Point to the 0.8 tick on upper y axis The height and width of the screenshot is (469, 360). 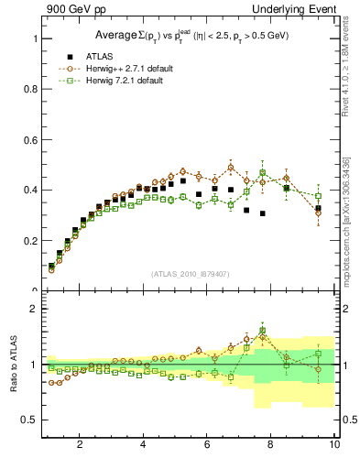click(35, 90)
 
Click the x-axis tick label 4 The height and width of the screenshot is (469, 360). click(143, 445)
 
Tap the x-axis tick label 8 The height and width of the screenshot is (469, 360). click(271, 445)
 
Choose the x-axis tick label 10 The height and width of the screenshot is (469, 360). click(333, 445)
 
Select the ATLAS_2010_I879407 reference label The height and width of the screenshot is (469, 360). click(190, 274)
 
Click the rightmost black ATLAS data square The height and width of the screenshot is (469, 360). click(318, 209)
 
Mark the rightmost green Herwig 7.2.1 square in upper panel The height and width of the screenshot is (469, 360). click(318, 196)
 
